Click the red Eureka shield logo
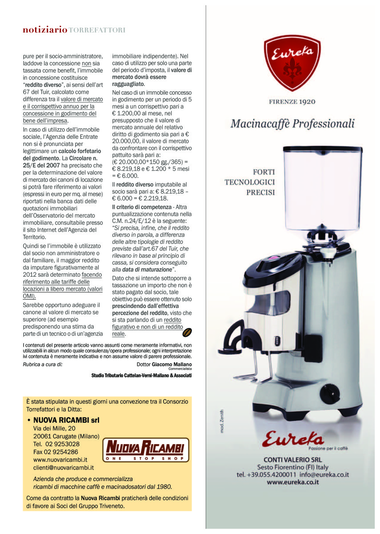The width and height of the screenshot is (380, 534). [292, 62]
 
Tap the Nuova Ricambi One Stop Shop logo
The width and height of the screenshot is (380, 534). [146, 450]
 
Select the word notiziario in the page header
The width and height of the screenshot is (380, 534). [45, 30]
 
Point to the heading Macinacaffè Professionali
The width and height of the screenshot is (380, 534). [292, 123]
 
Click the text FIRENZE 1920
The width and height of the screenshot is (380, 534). [292, 101]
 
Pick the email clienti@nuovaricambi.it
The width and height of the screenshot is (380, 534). [63, 468]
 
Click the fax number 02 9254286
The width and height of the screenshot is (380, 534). [56, 452]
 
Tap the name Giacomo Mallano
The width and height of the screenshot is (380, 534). [172, 364]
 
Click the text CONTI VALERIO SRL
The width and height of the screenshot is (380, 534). [292, 459]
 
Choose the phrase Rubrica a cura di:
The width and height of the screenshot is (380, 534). [43, 364]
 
